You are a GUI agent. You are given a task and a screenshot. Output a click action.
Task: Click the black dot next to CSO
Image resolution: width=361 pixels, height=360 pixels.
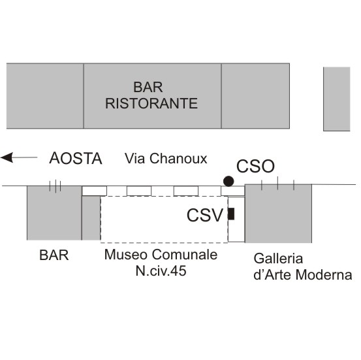coord(228,181)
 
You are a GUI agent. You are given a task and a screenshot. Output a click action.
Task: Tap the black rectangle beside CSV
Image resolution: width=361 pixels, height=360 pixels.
coord(231,214)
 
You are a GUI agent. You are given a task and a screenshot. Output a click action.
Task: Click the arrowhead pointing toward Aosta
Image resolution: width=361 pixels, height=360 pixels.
coord(7,157)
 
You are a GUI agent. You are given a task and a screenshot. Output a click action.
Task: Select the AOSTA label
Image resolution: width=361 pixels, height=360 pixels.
coord(76,158)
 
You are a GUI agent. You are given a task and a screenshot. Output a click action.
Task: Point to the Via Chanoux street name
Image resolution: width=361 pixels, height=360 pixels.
coord(166,159)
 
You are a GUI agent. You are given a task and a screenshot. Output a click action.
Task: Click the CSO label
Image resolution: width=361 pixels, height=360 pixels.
coord(255,166)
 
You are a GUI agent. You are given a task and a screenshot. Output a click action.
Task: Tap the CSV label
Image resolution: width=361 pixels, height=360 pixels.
coord(205,215)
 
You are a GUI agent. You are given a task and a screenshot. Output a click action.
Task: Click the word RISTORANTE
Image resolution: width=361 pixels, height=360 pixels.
coord(151,103)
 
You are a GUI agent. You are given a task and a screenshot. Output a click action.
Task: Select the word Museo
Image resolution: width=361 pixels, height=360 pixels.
coord(126,254)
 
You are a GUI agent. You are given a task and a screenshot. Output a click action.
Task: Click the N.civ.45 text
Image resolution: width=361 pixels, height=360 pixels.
coord(161,270)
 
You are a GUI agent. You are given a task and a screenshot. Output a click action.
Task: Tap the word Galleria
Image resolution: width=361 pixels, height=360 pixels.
coord(278,259)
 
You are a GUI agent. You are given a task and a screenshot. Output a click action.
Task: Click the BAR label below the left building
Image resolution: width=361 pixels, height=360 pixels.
coord(54,255)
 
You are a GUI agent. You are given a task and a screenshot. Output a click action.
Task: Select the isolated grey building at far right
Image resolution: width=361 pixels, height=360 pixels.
coord(337,99)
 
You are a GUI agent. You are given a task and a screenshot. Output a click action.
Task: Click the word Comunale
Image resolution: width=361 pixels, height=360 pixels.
coord(185,254)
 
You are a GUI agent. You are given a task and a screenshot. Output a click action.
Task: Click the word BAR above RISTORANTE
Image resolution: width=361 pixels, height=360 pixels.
coord(148,87)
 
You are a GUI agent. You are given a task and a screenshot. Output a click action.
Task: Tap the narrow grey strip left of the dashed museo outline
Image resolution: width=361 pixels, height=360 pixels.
coord(91,218)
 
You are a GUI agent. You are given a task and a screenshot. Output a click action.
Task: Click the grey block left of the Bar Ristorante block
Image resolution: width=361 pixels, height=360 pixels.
coord(45,96)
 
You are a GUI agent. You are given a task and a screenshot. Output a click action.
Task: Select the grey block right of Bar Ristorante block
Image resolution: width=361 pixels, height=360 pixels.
coord(255,96)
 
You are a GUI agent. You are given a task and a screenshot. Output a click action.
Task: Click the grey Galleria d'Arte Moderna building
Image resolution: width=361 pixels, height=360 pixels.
coord(278,214)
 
